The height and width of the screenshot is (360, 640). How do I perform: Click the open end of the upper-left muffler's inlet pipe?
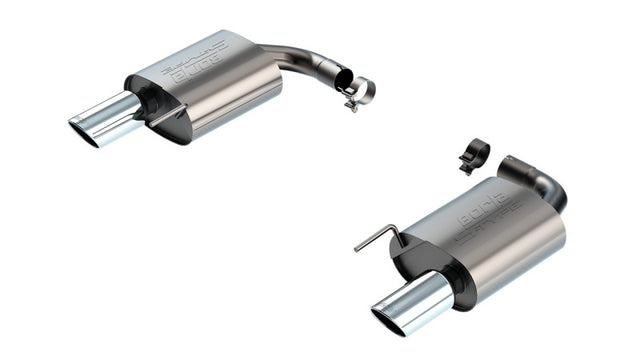tap(342, 77)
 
